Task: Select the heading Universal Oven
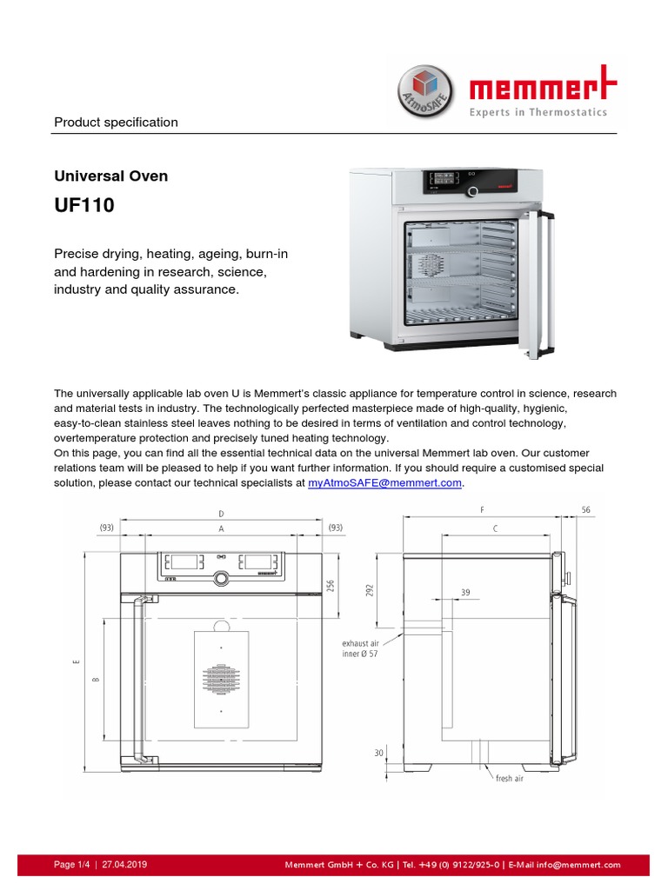pyautogui.click(x=111, y=176)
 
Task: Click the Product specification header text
pyautogui.click(x=116, y=122)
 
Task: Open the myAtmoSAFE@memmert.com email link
pyautogui.click(x=384, y=482)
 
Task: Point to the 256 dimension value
pyautogui.click(x=331, y=586)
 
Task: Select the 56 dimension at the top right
pyautogui.click(x=584, y=510)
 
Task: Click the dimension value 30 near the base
pyautogui.click(x=378, y=753)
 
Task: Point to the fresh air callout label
pyautogui.click(x=509, y=779)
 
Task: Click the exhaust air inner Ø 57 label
pyautogui.click(x=359, y=648)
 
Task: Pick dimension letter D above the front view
pyautogui.click(x=221, y=514)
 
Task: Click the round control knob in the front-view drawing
pyautogui.click(x=221, y=578)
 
